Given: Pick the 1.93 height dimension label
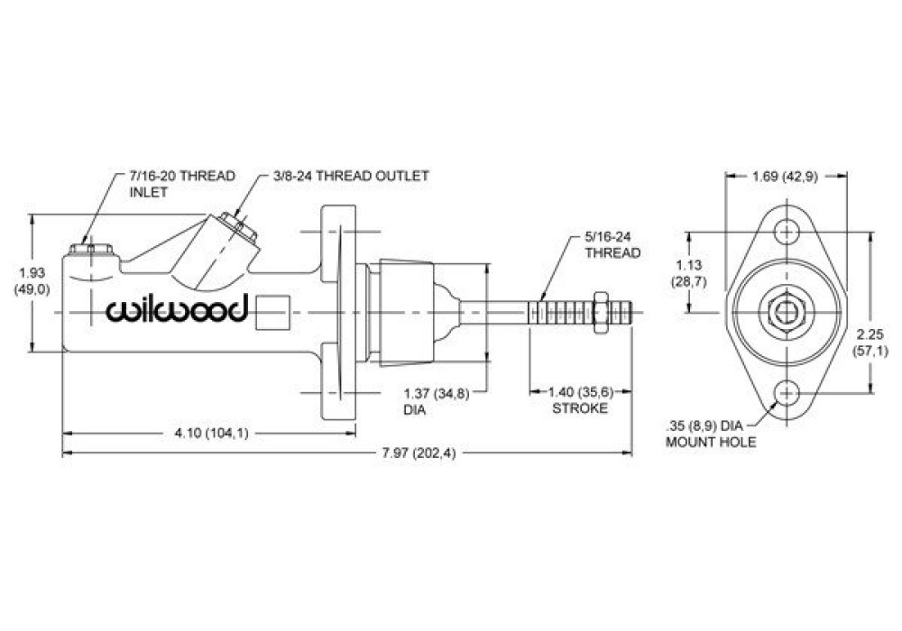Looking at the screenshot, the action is (32, 281).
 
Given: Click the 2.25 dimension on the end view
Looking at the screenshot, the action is (870, 342).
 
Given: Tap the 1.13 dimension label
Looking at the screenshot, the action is (689, 273).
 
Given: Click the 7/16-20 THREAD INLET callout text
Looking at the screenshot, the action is (182, 184).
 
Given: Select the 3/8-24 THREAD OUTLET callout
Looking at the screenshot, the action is (350, 176).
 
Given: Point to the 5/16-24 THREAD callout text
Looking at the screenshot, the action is (612, 245).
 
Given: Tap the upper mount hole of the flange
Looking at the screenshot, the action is (787, 233).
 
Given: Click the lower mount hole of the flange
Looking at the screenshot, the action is (787, 393).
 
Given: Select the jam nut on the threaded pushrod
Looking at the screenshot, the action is (600, 312).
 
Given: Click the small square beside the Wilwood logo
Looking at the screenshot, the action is (271, 313).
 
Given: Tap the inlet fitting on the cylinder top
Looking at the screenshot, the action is (91, 250).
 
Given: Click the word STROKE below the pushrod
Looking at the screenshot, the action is (580, 408).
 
